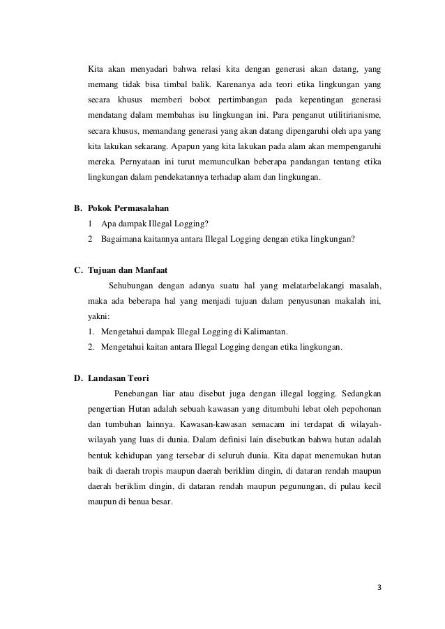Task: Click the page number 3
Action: [378, 586]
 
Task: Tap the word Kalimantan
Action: [265, 330]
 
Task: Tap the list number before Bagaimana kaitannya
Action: [91, 239]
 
